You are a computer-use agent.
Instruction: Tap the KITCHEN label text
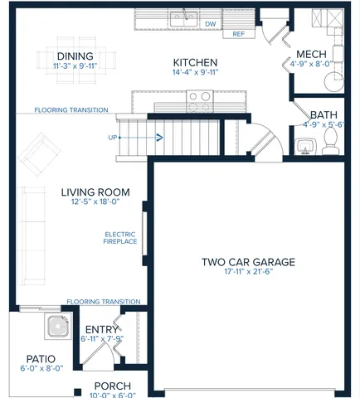pos(195,62)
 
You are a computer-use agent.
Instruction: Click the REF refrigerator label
pos(238,34)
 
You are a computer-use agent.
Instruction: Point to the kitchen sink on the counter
pos(182,17)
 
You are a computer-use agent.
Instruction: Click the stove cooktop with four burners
pos(198,101)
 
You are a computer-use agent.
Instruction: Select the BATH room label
pos(323,115)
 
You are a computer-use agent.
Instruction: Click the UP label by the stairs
pos(112,137)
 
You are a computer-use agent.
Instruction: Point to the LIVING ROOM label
pos(90,192)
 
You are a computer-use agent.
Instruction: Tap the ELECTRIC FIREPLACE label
pos(119,237)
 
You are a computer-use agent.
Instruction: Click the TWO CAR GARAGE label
pos(247,262)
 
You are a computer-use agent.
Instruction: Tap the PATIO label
pos(40,359)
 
